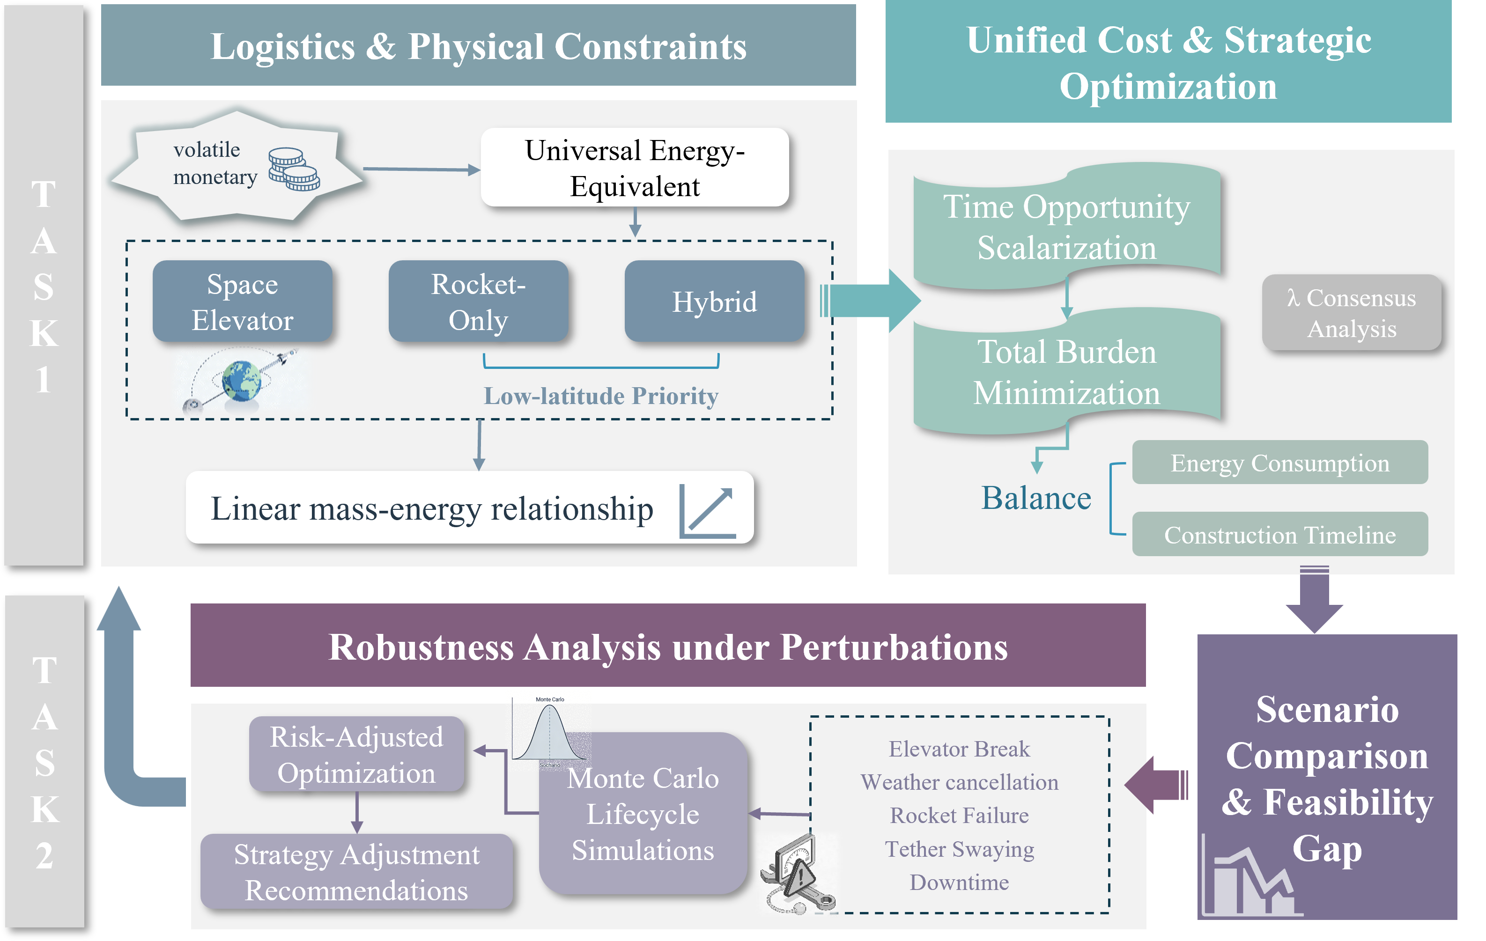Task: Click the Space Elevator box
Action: [242, 302]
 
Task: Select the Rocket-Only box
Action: [478, 302]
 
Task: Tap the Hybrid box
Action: [714, 302]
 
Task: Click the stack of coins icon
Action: [294, 169]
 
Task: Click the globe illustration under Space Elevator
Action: [241, 380]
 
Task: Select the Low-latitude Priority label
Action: [600, 396]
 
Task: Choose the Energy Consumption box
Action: [1279, 463]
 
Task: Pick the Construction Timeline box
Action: [1279, 534]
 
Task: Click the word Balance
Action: [1035, 498]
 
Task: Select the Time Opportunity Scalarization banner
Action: [1066, 227]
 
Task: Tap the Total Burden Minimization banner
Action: [1066, 372]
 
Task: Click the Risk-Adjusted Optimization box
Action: [356, 754]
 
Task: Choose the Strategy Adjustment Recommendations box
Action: [356, 872]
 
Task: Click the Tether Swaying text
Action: [959, 849]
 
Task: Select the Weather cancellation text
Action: [959, 782]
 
